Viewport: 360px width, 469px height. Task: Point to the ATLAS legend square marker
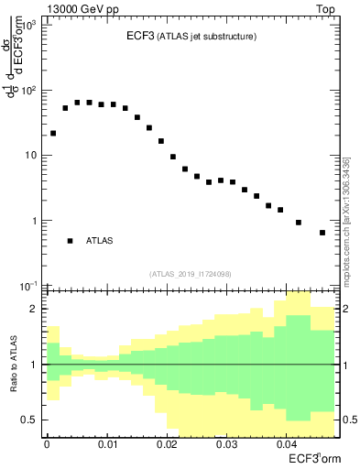click(x=70, y=240)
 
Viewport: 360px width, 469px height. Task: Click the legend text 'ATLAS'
click(x=100, y=240)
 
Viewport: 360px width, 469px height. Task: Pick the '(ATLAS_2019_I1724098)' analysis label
click(x=191, y=273)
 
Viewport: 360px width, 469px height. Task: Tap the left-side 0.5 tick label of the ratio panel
click(x=32, y=420)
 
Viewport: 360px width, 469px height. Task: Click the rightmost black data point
click(x=322, y=233)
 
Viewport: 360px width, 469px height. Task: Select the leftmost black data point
click(x=53, y=133)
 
